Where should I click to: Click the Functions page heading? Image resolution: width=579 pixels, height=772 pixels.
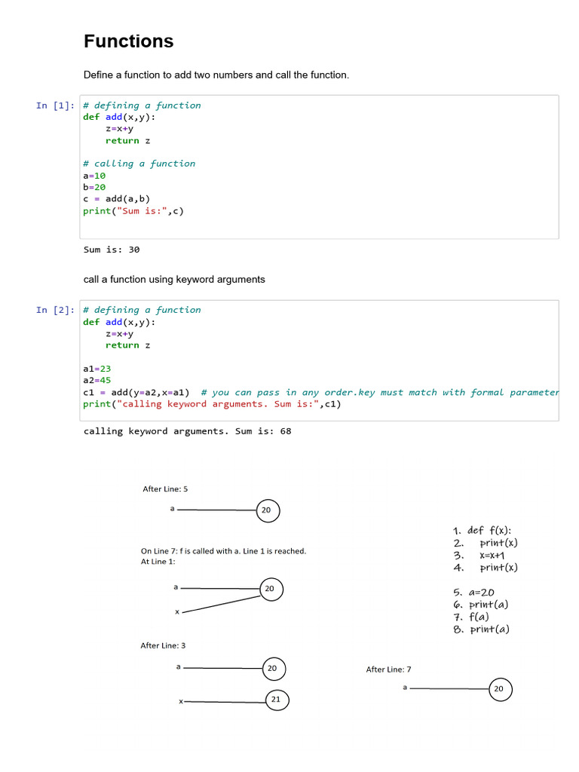[128, 41]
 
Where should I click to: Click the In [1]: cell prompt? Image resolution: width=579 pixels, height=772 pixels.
[55, 106]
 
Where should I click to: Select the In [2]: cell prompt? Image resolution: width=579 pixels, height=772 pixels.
[55, 310]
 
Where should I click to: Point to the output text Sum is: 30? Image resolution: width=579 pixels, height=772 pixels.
[112, 250]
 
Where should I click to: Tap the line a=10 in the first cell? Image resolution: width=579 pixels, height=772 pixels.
[94, 176]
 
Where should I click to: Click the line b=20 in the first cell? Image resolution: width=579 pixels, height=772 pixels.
[94, 187]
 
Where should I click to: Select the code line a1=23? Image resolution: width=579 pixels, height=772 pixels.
[97, 369]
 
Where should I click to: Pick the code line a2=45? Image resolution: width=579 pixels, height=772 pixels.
[97, 381]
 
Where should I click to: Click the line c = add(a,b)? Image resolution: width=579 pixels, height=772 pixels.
[116, 199]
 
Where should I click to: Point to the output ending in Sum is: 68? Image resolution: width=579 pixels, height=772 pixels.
[187, 431]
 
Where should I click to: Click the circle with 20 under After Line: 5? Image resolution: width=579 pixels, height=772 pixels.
[267, 510]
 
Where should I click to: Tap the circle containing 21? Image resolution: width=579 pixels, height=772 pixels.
[276, 700]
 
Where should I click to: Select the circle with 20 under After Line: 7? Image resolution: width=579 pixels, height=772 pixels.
[498, 688]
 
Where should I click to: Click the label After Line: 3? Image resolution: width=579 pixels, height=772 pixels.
[163, 645]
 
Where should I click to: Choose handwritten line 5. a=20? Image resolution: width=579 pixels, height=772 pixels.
[474, 593]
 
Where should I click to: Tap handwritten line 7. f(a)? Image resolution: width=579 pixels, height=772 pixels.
[471, 617]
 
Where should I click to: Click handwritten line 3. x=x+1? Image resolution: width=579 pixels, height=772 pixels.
[483, 555]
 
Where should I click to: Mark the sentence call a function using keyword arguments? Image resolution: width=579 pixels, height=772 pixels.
[174, 279]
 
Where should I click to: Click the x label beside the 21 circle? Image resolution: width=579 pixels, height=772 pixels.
[181, 702]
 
